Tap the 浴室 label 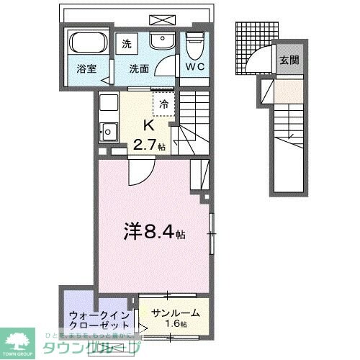coord(86,70)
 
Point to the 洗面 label coord(139,70)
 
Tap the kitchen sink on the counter coord(110,132)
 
